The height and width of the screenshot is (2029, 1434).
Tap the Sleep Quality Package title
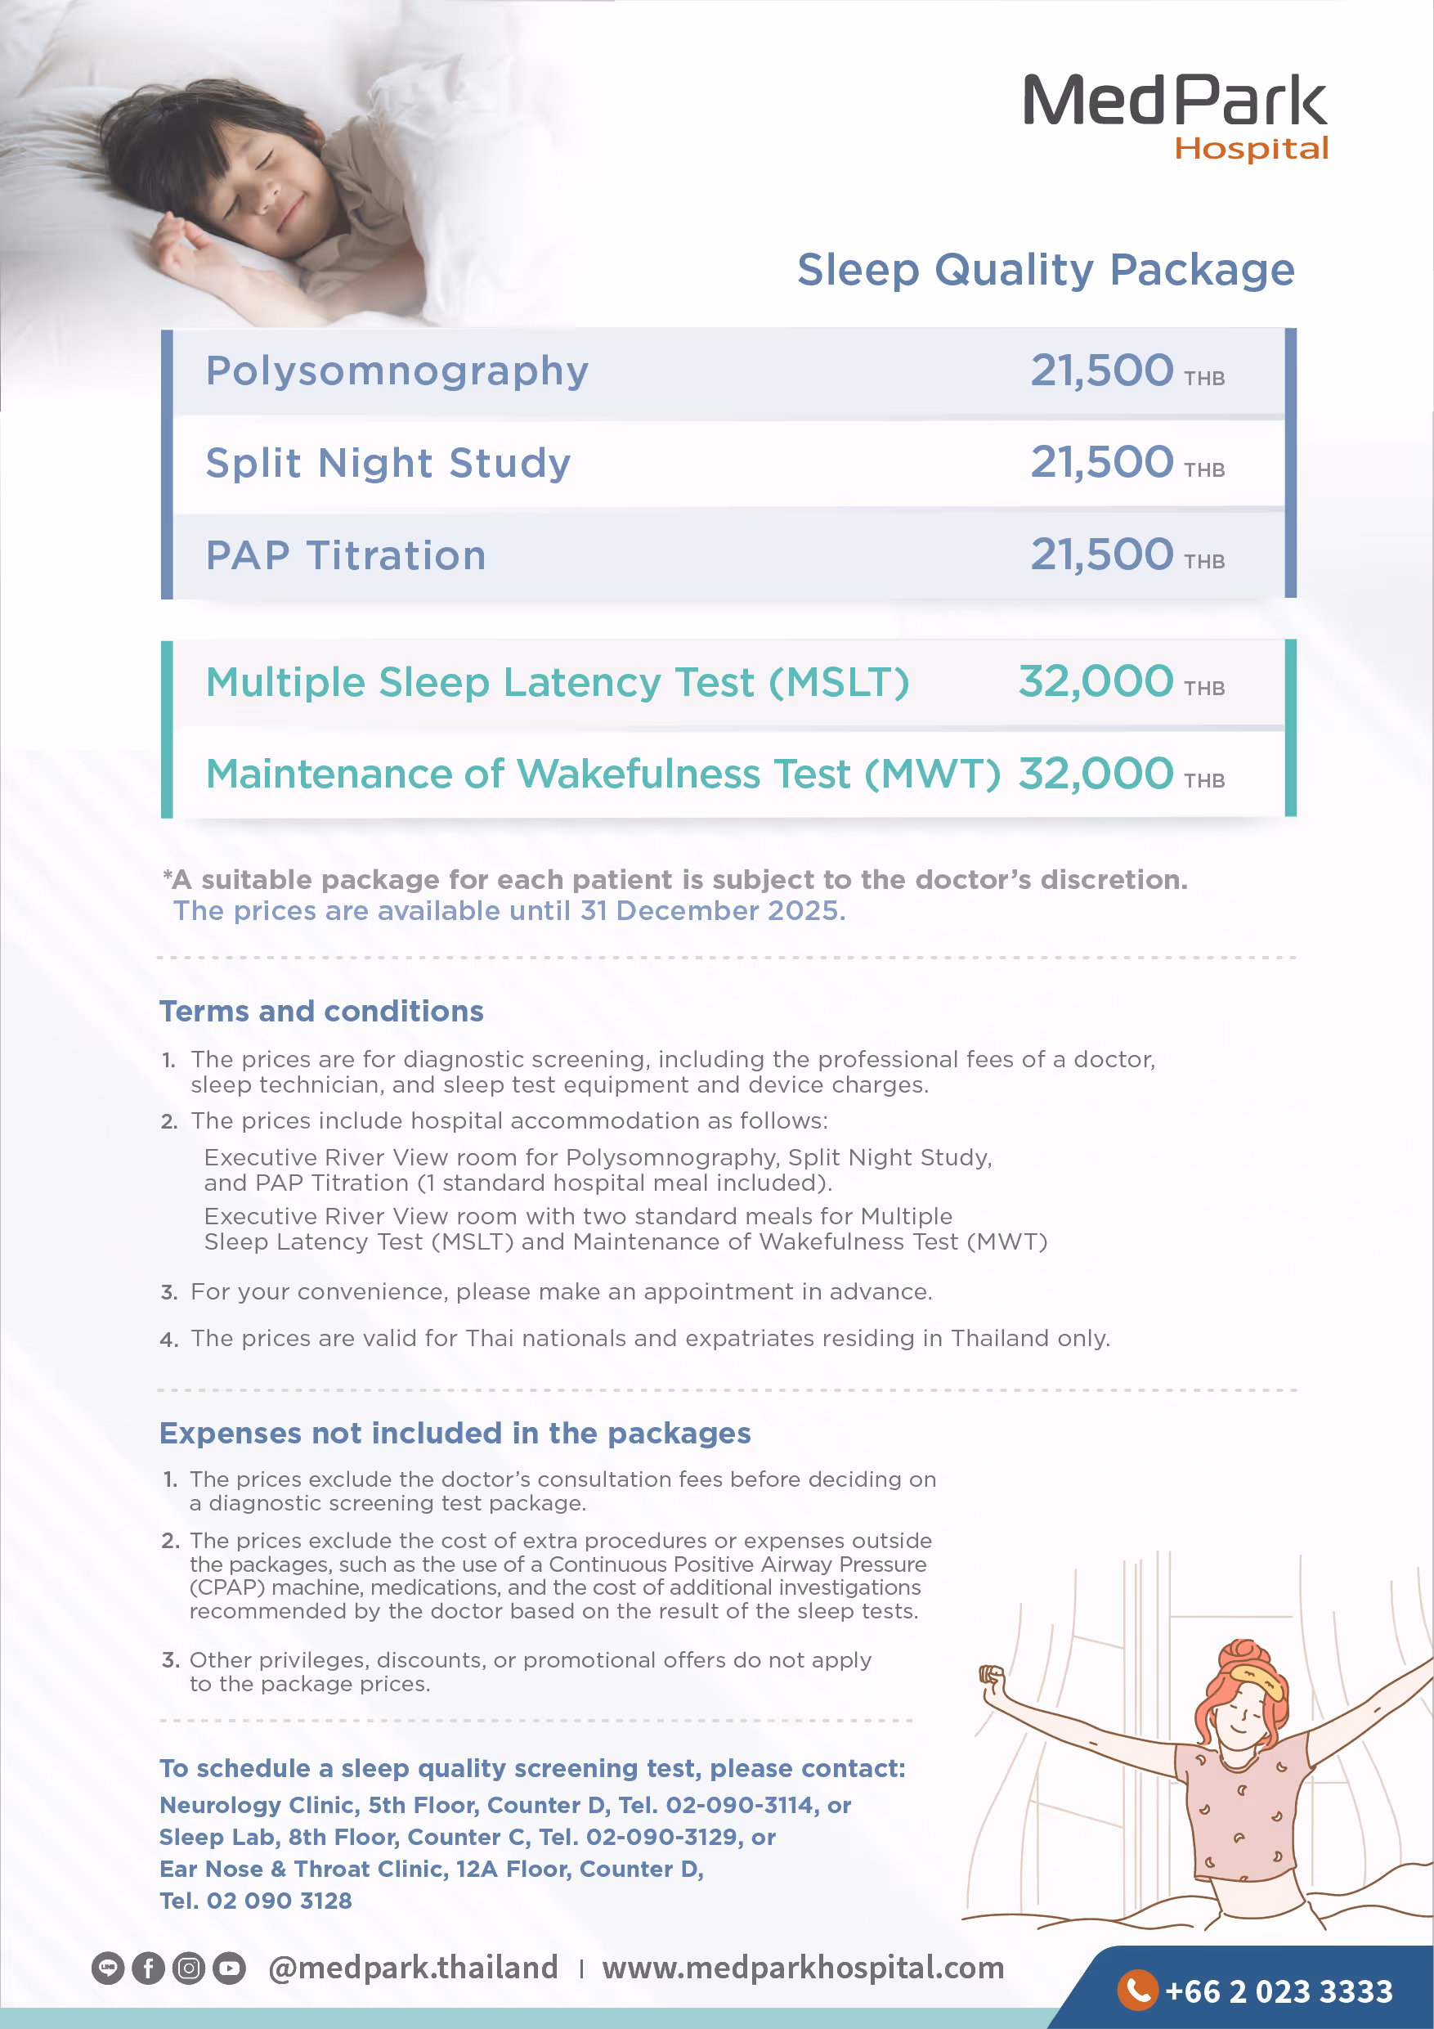[1045, 270]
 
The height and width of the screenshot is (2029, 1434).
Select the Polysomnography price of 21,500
[1102, 370]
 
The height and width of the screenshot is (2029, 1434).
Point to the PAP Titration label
[346, 556]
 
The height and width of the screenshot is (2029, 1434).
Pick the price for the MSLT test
[1096, 681]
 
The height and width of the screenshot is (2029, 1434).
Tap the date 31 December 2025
[712, 910]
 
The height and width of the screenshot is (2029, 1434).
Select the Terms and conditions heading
[320, 1011]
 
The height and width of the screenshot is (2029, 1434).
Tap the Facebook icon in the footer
[149, 1968]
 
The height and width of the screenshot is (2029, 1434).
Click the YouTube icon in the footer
[229, 1968]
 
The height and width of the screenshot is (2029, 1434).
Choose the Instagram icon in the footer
[188, 1968]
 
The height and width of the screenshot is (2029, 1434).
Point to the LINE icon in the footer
[108, 1968]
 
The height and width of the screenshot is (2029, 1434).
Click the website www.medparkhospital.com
[802, 1968]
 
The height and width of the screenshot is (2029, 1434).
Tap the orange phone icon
[1137, 1989]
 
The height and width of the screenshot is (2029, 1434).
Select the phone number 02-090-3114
[738, 1805]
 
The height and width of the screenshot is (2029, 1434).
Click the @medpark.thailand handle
[413, 1968]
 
